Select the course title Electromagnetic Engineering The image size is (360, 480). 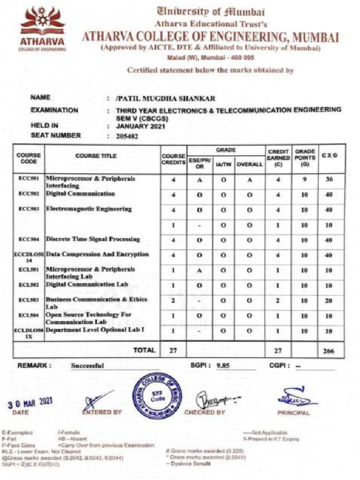tap(89, 209)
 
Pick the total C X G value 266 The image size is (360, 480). tap(329, 350)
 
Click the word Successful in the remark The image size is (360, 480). tap(88, 366)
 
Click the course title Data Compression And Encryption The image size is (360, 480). tap(97, 255)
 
